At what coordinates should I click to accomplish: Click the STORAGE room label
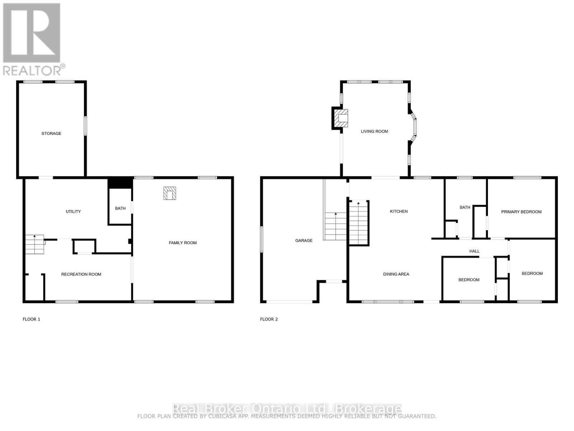click(51, 134)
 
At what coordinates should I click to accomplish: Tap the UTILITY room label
click(73, 212)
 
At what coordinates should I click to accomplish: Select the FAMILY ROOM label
click(183, 243)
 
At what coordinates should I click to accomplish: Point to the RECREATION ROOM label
click(81, 274)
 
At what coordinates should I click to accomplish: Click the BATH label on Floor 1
click(120, 208)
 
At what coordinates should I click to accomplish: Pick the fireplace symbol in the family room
click(170, 193)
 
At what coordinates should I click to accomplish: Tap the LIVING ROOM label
click(374, 131)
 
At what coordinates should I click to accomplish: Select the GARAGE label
click(304, 241)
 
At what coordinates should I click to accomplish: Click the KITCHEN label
click(399, 212)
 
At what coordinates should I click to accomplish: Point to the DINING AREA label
click(396, 274)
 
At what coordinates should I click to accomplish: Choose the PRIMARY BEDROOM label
click(521, 212)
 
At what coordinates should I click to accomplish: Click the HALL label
click(474, 251)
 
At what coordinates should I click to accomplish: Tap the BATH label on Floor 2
click(465, 208)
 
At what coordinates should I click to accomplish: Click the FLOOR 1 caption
click(31, 319)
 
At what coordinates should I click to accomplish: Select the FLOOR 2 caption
click(269, 319)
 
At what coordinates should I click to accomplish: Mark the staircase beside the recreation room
click(34, 244)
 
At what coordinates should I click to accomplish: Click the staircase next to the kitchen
click(359, 223)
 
